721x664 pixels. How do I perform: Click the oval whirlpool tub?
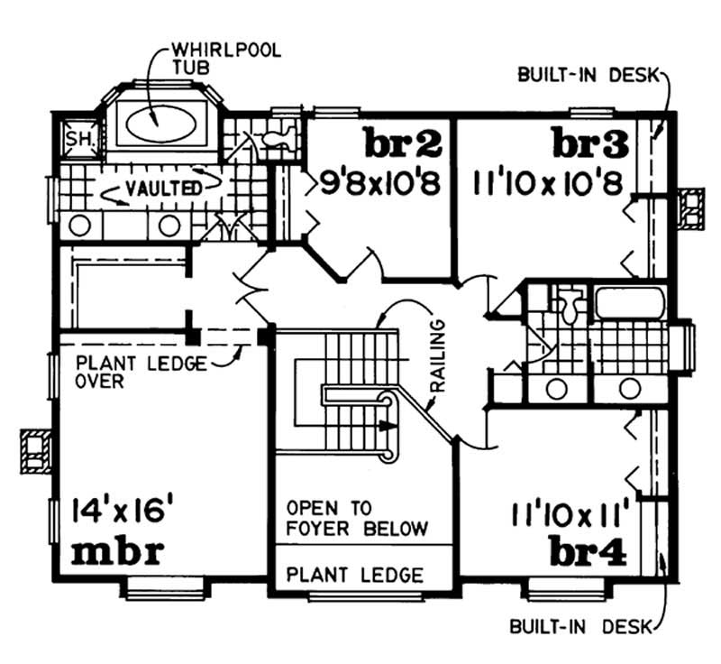tap(160, 123)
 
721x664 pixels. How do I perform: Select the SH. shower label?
tap(74, 140)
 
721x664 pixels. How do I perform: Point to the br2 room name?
tap(402, 143)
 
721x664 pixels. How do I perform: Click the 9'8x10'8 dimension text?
tap(380, 184)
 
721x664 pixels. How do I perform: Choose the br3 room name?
tap(589, 143)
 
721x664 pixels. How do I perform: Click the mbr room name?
tap(116, 551)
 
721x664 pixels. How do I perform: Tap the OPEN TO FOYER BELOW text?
tap(356, 517)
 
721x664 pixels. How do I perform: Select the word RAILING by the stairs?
tap(439, 353)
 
